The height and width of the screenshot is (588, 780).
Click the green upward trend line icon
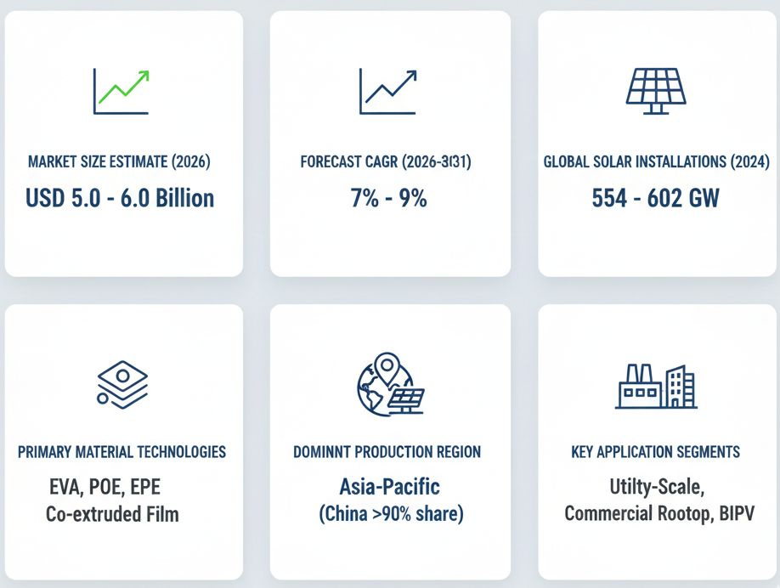click(x=122, y=90)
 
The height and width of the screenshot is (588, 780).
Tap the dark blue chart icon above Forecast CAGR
click(x=387, y=90)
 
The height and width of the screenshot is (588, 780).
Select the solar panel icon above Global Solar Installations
click(x=656, y=89)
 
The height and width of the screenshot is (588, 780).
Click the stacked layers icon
click(x=122, y=383)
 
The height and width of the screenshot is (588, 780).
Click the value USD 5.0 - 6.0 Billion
click(x=120, y=198)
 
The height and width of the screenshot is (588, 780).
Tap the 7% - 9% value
click(x=389, y=198)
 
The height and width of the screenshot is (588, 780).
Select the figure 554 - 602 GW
click(x=655, y=198)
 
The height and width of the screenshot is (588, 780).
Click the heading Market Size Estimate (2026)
click(x=119, y=161)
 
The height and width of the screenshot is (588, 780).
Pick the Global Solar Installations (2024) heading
click(x=656, y=161)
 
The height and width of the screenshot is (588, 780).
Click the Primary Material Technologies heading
click(x=122, y=452)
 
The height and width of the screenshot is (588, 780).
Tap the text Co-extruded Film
click(x=112, y=513)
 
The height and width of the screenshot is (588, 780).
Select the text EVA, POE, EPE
click(x=104, y=488)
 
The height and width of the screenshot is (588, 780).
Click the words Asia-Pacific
click(x=389, y=487)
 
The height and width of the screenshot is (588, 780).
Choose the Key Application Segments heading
click(x=655, y=452)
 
